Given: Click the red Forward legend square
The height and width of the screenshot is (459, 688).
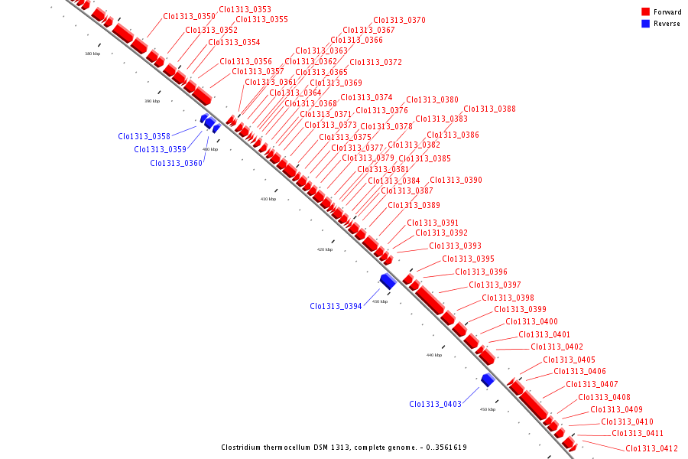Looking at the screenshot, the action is tap(645, 12).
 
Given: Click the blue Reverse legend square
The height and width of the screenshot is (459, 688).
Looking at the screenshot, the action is tap(645, 24).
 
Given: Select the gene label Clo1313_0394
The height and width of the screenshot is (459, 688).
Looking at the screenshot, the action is tap(336, 306).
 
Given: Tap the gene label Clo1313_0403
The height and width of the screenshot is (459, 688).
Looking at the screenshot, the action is tap(435, 404).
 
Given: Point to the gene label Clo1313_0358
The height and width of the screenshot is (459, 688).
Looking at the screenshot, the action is tap(144, 136).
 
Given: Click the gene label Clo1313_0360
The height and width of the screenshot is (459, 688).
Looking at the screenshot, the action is tap(176, 163).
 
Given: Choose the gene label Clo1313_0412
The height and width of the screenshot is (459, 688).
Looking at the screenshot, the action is tap(651, 448).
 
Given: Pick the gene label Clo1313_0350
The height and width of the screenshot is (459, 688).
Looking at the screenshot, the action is tap(189, 16).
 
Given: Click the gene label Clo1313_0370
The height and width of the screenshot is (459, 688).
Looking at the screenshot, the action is tap(399, 20).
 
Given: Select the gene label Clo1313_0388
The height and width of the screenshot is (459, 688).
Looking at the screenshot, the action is tap(489, 109).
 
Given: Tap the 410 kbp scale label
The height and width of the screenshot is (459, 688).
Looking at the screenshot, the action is tap(268, 199).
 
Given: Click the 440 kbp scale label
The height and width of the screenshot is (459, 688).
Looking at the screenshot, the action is tap(434, 355).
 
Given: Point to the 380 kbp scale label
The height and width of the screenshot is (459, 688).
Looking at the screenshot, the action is tap(92, 54).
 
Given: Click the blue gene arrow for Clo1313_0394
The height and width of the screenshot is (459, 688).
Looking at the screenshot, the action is tap(388, 281).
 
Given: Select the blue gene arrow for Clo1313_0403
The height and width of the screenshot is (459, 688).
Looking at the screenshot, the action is tap(487, 379).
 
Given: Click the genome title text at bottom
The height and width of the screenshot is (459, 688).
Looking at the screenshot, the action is tap(343, 448).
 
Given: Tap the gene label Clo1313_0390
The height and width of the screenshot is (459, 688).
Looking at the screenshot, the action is tap(456, 180).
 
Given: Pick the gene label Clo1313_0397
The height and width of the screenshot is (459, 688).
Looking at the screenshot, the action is tap(495, 285).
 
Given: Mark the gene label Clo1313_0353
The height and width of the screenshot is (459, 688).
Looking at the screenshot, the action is tap(245, 9).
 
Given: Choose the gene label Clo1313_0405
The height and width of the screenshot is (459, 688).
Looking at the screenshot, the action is tap(569, 360).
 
